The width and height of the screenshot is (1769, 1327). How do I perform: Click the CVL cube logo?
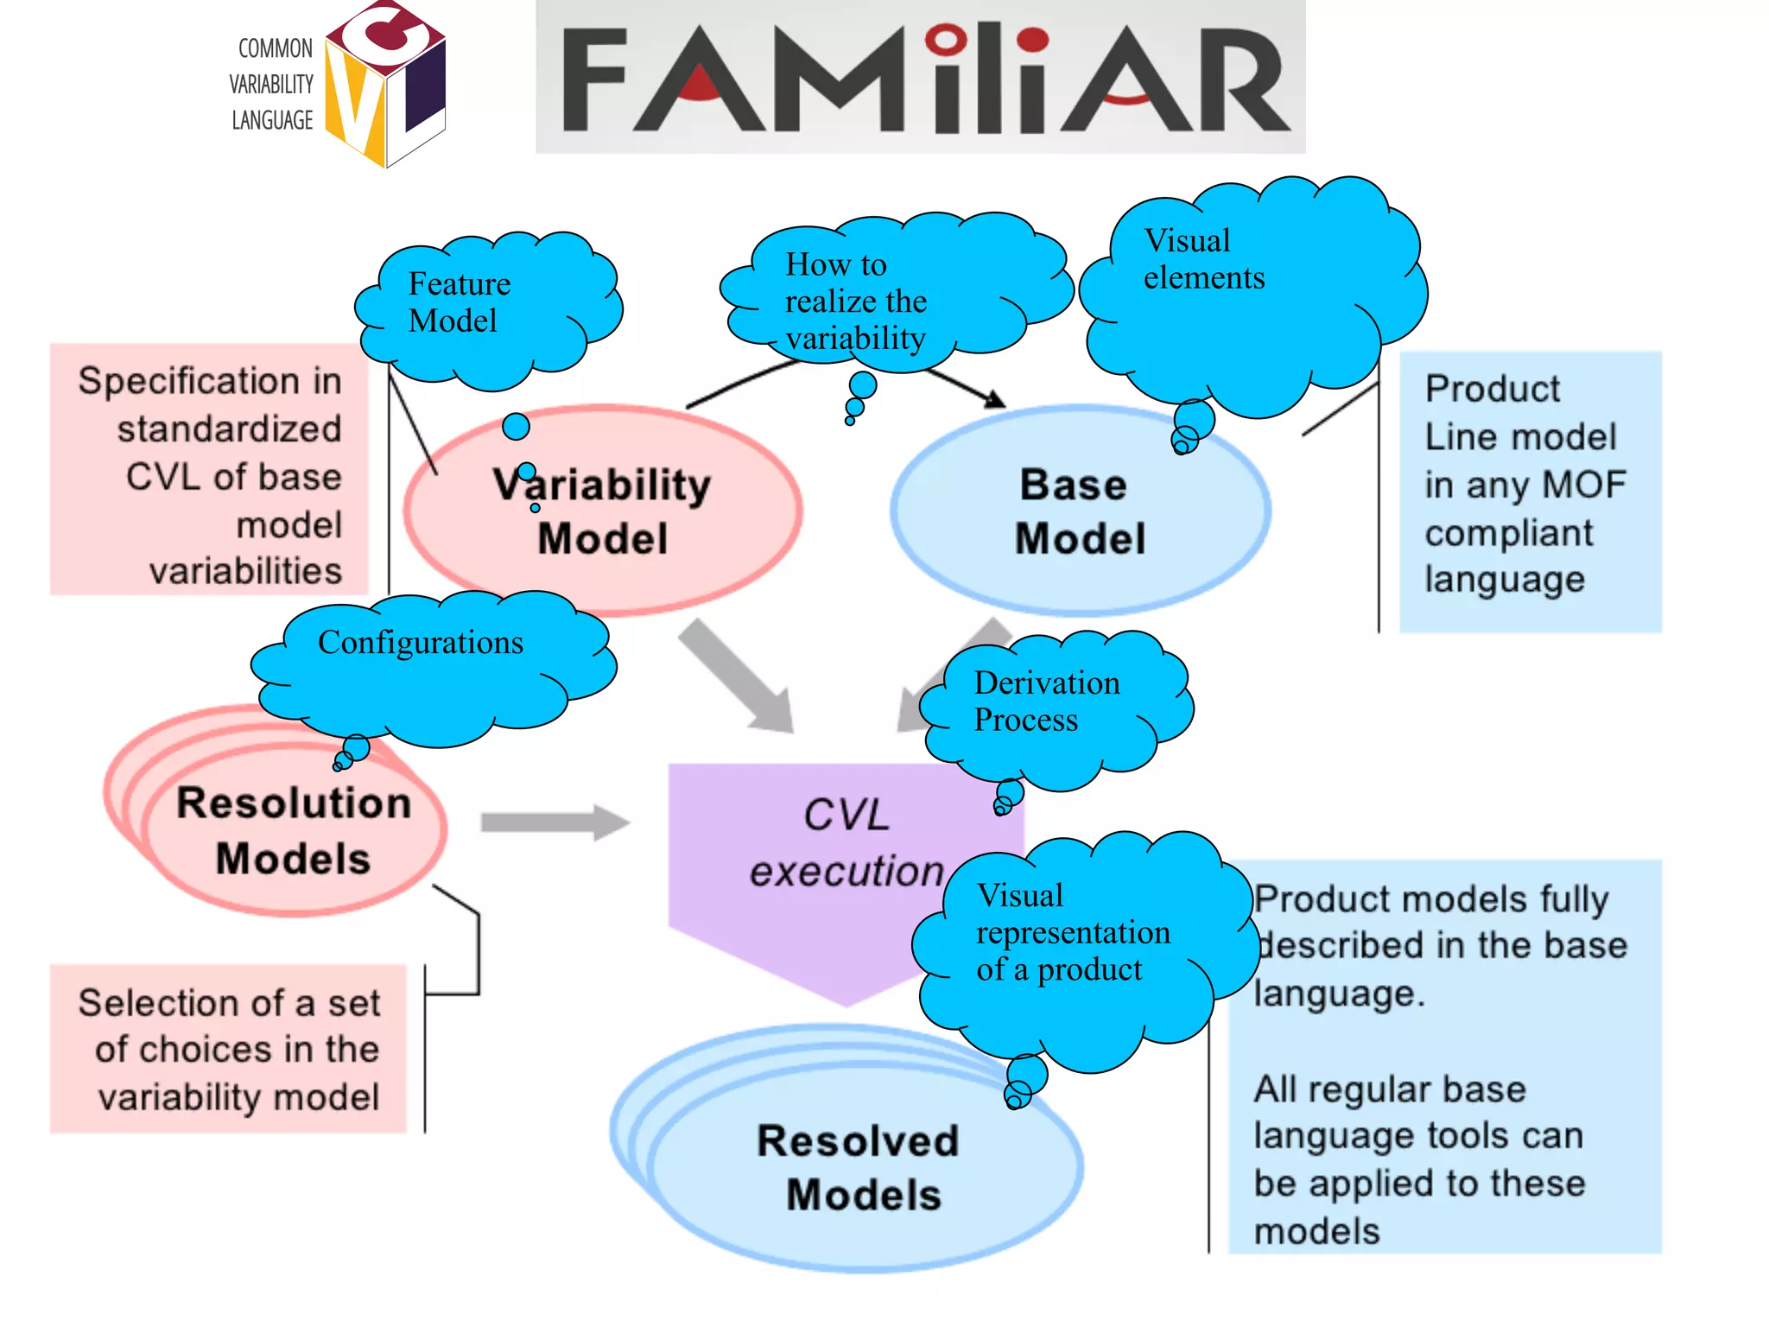[385, 85]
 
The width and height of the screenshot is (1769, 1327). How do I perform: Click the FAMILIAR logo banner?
[920, 78]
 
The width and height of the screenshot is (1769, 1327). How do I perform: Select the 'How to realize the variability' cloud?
[890, 294]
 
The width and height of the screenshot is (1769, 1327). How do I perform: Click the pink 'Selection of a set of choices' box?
[228, 1049]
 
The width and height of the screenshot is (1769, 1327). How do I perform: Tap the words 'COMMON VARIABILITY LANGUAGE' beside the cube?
[272, 85]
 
